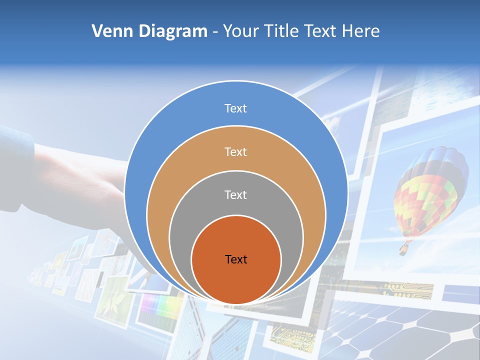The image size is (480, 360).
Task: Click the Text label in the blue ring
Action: (235, 108)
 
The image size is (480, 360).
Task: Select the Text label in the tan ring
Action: (235, 151)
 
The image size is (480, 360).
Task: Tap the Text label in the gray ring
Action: (235, 195)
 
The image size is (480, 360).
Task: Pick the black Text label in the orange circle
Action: (236, 259)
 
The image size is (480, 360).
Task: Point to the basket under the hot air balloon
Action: (403, 249)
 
